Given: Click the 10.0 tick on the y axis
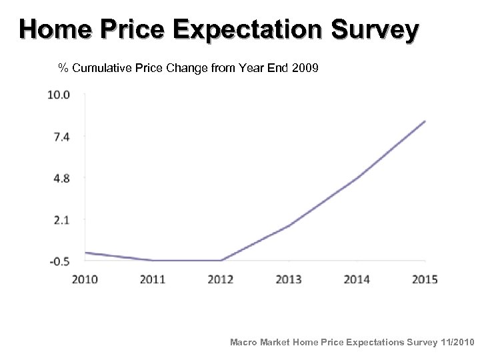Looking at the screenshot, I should tap(59, 95).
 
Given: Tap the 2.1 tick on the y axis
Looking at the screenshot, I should tap(61, 219).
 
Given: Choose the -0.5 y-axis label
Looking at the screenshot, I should tap(59, 261).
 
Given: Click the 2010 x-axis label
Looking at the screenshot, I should tap(85, 279).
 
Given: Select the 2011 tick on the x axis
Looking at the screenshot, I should tap(153, 279).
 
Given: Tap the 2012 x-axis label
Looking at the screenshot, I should tap(221, 279).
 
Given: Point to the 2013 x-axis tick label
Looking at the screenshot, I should tap(289, 279).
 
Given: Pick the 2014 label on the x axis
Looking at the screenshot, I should tap(357, 279).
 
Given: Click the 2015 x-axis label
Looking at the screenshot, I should tap(425, 279).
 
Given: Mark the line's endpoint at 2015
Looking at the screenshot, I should tap(425, 121).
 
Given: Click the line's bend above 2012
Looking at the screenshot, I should tap(221, 260).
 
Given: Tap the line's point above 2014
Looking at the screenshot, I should tap(357, 178).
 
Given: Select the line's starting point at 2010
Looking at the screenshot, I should tap(85, 253).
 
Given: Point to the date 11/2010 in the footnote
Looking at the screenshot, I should tap(457, 342).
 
